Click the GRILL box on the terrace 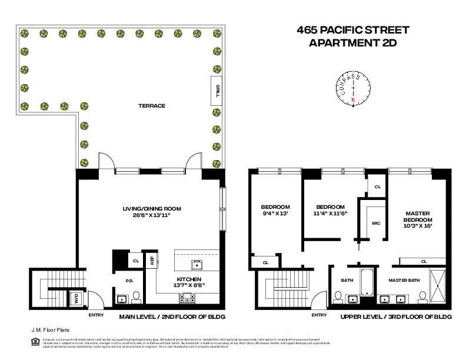click(x=217, y=91)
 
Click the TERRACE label click(x=151, y=106)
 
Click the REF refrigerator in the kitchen click(x=151, y=259)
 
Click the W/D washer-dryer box click(x=76, y=299)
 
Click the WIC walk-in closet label click(x=376, y=224)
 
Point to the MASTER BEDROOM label click(x=418, y=219)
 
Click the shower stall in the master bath click(x=438, y=286)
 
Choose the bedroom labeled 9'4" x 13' click(x=275, y=211)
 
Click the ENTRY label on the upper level click(x=319, y=315)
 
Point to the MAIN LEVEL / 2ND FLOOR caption click(x=172, y=316)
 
